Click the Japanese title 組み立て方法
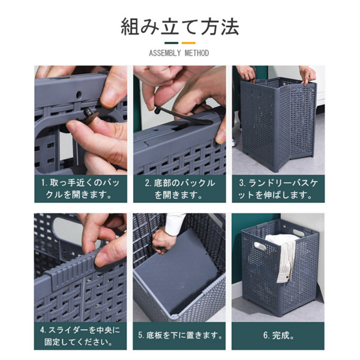(179, 26)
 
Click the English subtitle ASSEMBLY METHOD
(179, 54)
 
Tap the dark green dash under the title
(172, 43)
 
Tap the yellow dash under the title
(188, 43)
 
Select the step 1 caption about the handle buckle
(80, 188)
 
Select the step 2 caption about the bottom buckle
(179, 188)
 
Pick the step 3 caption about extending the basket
(278, 188)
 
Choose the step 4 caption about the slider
(80, 335)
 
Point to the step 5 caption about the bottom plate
(179, 335)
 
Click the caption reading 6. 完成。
(278, 335)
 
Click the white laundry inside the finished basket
(282, 252)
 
